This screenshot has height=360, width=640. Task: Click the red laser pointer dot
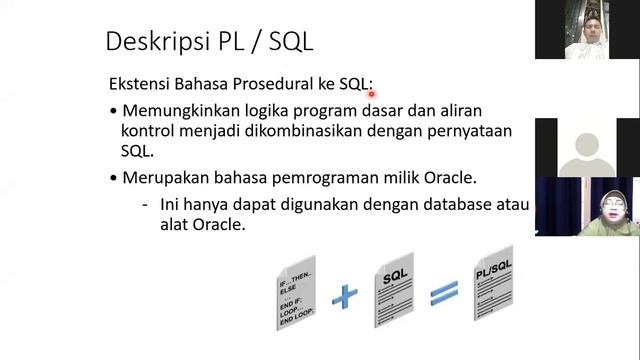point(371,94)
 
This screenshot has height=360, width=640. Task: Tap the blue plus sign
point(345,294)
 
